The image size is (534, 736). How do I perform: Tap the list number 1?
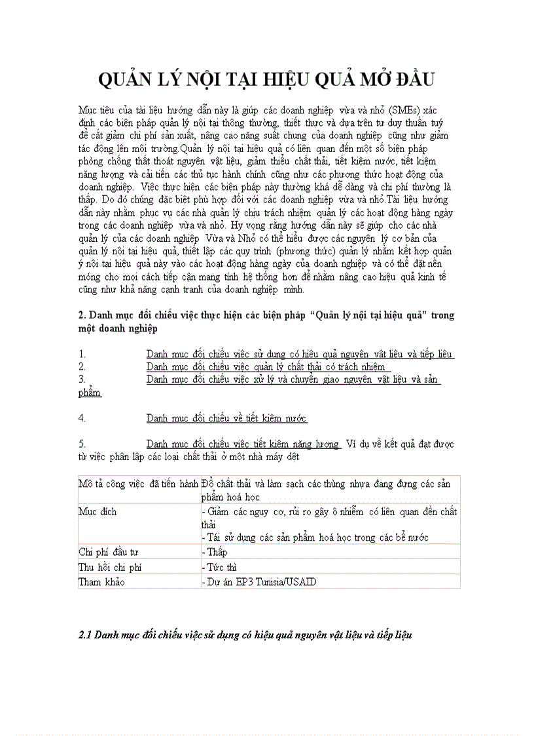(81, 354)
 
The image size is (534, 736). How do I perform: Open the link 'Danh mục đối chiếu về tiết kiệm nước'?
(226, 418)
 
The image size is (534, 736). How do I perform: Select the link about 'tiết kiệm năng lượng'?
(243, 444)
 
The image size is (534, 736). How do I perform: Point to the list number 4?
(82, 418)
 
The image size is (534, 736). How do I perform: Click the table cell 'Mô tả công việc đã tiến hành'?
(138, 484)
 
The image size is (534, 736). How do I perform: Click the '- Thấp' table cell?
(215, 552)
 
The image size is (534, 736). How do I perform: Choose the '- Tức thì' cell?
(219, 567)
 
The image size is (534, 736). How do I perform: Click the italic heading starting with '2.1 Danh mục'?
(246, 635)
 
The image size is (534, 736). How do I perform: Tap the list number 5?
(82, 444)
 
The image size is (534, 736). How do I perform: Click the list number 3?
(82, 379)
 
